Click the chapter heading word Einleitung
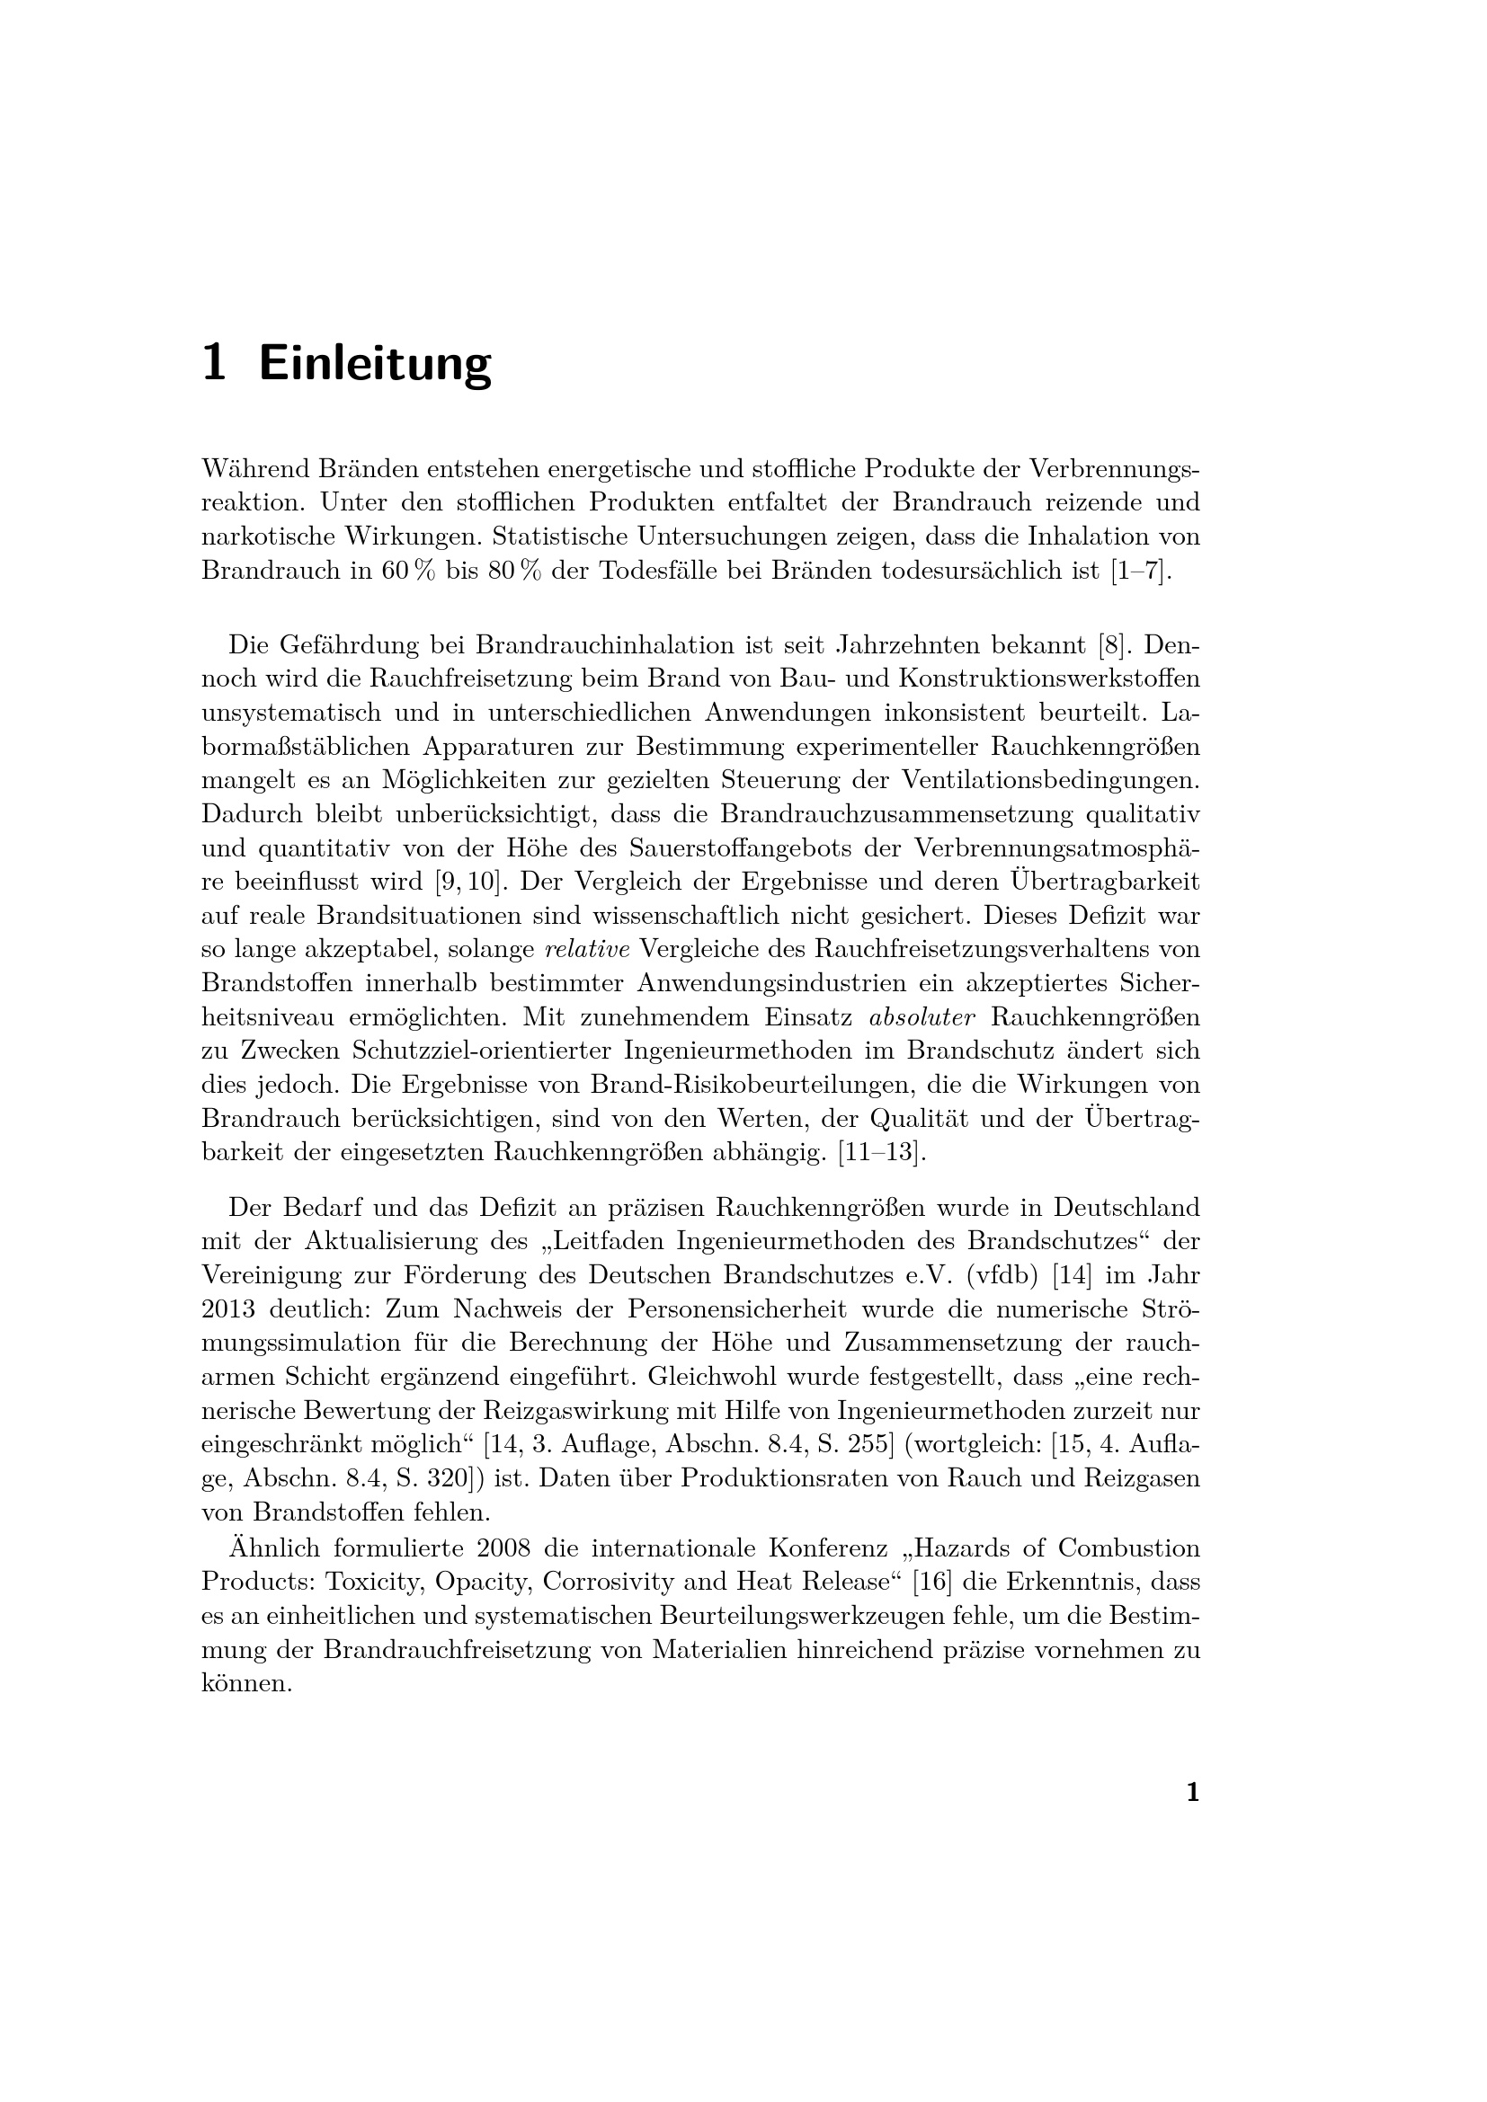point(376,363)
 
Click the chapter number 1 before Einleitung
point(213,363)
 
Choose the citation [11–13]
point(883,1152)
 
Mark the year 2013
point(228,1309)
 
